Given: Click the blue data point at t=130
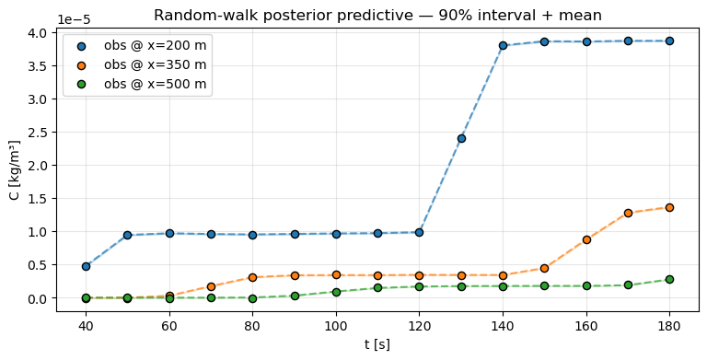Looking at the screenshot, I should click(461, 138).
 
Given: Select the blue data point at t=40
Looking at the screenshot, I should click(86, 266).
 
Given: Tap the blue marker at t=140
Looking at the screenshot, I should click(503, 45).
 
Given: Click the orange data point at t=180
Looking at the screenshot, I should click(669, 207).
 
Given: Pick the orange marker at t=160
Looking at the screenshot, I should click(586, 239).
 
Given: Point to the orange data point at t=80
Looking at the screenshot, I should click(252, 277).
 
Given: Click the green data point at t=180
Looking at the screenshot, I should click(669, 279).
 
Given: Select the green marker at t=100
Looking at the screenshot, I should click(336, 292).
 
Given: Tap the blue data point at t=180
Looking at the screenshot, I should click(669, 41).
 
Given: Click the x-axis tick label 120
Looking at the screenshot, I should click(419, 325).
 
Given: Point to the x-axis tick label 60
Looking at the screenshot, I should click(169, 325).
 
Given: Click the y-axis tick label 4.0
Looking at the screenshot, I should click(41, 32).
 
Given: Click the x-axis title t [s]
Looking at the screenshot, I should click(377, 344).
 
